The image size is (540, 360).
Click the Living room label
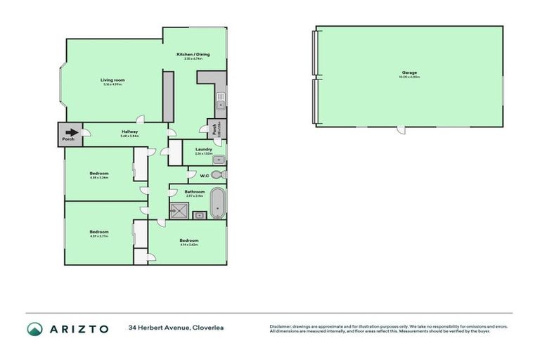coord(112,80)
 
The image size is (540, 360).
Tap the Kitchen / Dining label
coord(193,54)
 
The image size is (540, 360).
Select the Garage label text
coord(409,72)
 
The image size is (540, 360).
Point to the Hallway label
coord(129,131)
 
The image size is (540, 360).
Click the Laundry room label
coord(204,149)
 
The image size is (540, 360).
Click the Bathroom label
coord(195,191)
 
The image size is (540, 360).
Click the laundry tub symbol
coord(217,159)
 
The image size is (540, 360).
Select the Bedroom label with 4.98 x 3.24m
coord(99,173)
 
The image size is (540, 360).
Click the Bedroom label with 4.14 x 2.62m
coord(188,240)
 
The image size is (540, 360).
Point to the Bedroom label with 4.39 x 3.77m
coord(99,231)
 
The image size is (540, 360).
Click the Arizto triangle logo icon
coord(34,329)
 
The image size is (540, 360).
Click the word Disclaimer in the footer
coord(281,326)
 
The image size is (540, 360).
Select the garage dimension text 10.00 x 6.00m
coord(409,77)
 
